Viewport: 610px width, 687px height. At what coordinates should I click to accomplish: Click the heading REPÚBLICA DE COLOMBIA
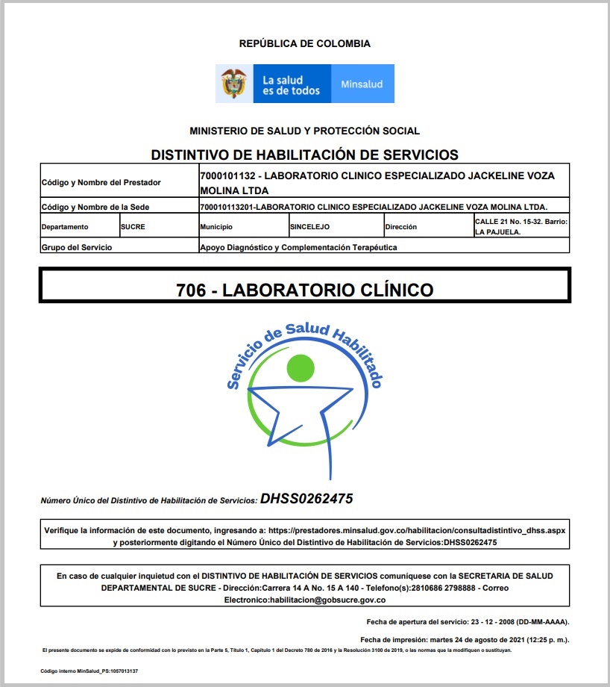(304, 44)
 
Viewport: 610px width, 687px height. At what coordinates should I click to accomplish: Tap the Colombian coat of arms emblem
(234, 84)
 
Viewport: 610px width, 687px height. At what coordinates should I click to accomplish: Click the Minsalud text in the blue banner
(362, 84)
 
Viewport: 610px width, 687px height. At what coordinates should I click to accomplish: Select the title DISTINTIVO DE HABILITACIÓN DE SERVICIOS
(304, 155)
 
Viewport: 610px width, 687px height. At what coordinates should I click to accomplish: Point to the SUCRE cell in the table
(133, 226)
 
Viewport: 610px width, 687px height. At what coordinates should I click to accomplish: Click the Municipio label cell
(216, 226)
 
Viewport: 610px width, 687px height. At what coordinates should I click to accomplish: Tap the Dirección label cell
(401, 226)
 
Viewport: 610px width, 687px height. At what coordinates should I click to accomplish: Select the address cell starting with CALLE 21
(521, 226)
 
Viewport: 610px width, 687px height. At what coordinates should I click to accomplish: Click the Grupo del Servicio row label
(78, 247)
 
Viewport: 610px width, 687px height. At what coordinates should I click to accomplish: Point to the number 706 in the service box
(191, 290)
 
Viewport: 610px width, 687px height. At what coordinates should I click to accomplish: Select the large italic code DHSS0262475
(306, 498)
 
